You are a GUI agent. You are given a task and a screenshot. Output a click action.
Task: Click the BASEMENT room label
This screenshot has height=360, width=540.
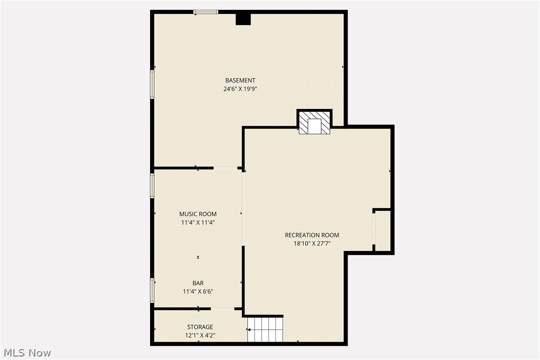(x=240, y=80)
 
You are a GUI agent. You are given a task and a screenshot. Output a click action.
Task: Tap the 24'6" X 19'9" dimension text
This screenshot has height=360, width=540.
(x=240, y=89)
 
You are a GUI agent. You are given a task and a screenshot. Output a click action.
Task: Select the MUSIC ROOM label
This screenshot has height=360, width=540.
(x=198, y=214)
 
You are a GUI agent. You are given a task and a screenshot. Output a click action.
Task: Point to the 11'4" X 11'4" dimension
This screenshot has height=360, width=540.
(x=198, y=223)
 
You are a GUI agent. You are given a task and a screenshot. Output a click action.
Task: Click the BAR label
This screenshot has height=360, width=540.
(x=198, y=283)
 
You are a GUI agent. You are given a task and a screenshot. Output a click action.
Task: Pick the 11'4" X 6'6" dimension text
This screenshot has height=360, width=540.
(x=198, y=292)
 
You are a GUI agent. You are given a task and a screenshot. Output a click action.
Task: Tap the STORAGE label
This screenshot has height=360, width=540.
(x=200, y=327)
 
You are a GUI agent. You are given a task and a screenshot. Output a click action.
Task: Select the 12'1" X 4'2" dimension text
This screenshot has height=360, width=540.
(x=200, y=336)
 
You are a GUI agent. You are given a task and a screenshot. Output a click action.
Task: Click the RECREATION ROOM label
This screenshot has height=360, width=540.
(x=312, y=235)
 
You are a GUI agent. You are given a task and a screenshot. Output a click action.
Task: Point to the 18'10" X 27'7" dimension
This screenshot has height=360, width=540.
(x=312, y=244)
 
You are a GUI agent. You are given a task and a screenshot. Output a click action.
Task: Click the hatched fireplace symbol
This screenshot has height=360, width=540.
(x=314, y=123)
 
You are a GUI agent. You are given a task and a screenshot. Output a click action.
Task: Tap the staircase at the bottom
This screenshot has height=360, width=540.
(x=265, y=330)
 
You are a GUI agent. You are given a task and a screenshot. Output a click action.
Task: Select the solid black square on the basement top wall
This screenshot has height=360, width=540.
(x=243, y=19)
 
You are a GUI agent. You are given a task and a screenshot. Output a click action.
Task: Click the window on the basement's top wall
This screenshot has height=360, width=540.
(x=206, y=12)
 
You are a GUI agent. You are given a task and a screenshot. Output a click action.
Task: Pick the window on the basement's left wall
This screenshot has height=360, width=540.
(x=152, y=84)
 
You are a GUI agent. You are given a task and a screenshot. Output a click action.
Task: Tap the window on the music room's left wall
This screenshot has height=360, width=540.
(x=152, y=185)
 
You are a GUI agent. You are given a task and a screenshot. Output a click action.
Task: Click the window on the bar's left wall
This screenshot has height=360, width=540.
(x=152, y=290)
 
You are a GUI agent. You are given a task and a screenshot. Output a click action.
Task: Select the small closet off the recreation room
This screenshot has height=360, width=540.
(x=382, y=231)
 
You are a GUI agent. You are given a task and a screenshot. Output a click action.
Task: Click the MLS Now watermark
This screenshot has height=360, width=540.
(x=26, y=353)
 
